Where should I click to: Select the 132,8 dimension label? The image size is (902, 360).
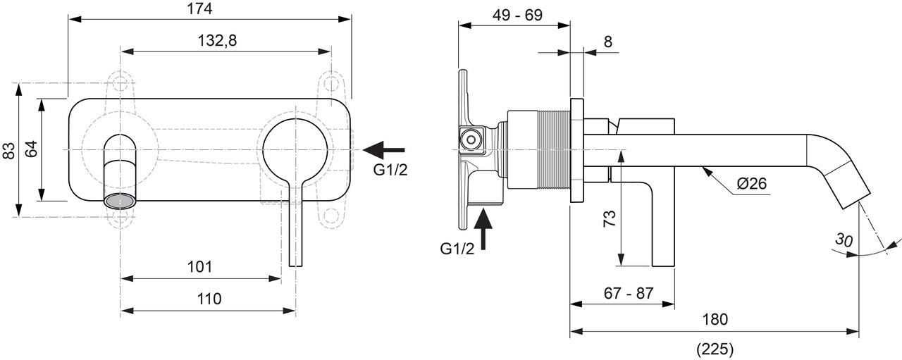[217, 41]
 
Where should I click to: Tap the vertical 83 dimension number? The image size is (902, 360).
[9, 150]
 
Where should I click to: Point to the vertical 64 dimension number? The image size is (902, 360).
[31, 150]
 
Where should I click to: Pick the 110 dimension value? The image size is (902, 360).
[209, 299]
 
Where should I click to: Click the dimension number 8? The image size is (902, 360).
[607, 42]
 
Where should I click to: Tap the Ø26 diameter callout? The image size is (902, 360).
[751, 185]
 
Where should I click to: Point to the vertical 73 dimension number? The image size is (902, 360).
[610, 217]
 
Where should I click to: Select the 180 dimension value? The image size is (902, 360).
[715, 319]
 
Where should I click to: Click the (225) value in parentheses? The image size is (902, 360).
[715, 348]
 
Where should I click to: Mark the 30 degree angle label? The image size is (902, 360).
[844, 240]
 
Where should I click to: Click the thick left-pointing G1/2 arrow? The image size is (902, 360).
[384, 149]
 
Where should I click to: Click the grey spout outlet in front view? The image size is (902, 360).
[119, 199]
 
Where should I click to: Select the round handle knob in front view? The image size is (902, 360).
[295, 149]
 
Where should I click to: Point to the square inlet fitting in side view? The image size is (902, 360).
[470, 139]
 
